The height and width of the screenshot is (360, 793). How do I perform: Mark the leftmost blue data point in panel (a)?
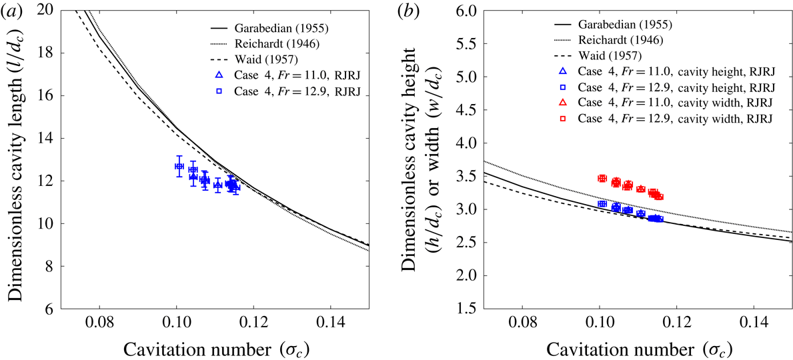tap(179, 166)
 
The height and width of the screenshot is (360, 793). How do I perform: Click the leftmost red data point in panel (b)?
tap(602, 178)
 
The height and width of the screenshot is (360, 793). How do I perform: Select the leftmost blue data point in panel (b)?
tap(602, 203)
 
